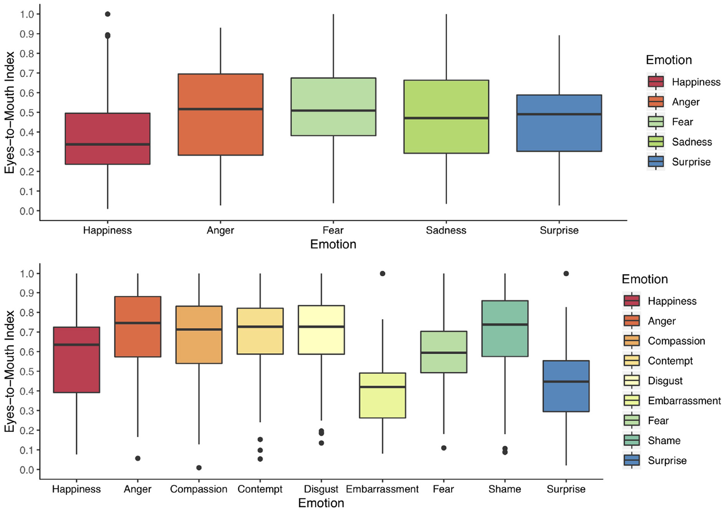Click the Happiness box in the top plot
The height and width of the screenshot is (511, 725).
(108, 139)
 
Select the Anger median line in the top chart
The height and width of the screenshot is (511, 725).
(221, 109)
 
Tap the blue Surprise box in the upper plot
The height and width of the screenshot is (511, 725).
(559, 123)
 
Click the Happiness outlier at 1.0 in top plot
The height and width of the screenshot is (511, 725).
(108, 14)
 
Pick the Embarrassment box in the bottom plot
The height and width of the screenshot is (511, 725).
(383, 395)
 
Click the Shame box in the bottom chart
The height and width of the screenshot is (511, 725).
(505, 329)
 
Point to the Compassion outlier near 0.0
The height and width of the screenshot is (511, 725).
(199, 468)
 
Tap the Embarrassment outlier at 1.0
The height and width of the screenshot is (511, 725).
(383, 273)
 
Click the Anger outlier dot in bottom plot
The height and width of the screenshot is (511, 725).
(138, 458)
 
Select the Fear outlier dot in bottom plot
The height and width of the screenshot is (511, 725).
(444, 448)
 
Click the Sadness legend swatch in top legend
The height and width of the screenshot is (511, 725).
(655, 142)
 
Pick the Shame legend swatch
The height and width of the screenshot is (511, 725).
(632, 441)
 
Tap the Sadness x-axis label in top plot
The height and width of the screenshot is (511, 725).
(446, 230)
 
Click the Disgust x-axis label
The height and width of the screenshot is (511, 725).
(321, 489)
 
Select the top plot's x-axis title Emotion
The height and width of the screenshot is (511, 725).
(333, 245)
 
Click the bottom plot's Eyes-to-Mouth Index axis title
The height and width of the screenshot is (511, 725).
(10, 371)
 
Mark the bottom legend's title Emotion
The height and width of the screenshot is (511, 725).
(644, 279)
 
